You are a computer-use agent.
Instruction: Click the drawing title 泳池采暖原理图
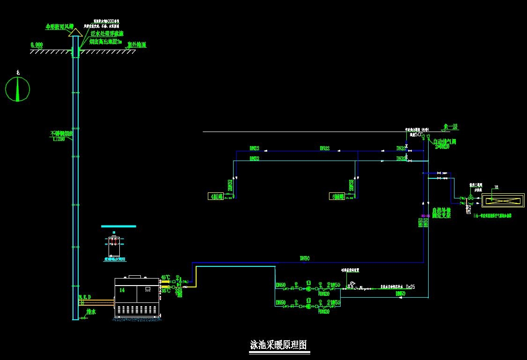(x=278, y=345)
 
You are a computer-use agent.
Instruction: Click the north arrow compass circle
(x=17, y=89)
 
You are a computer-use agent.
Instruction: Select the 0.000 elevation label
(x=37, y=45)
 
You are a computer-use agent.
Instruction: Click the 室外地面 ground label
(x=137, y=45)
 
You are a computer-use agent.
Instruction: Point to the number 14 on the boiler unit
(x=122, y=290)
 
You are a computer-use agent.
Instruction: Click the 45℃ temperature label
(x=166, y=277)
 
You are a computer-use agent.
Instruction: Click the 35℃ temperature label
(x=166, y=291)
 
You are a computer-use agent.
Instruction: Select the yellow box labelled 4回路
(x=215, y=197)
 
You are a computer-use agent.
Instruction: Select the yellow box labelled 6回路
(x=337, y=197)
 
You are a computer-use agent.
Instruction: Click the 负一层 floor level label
(x=450, y=126)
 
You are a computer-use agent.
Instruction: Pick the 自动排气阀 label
(x=444, y=141)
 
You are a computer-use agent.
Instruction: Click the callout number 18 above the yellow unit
(x=497, y=187)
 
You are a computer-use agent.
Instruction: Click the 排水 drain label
(x=91, y=311)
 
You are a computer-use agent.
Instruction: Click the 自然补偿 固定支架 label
(x=441, y=213)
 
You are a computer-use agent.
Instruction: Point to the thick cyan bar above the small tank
(x=118, y=226)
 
